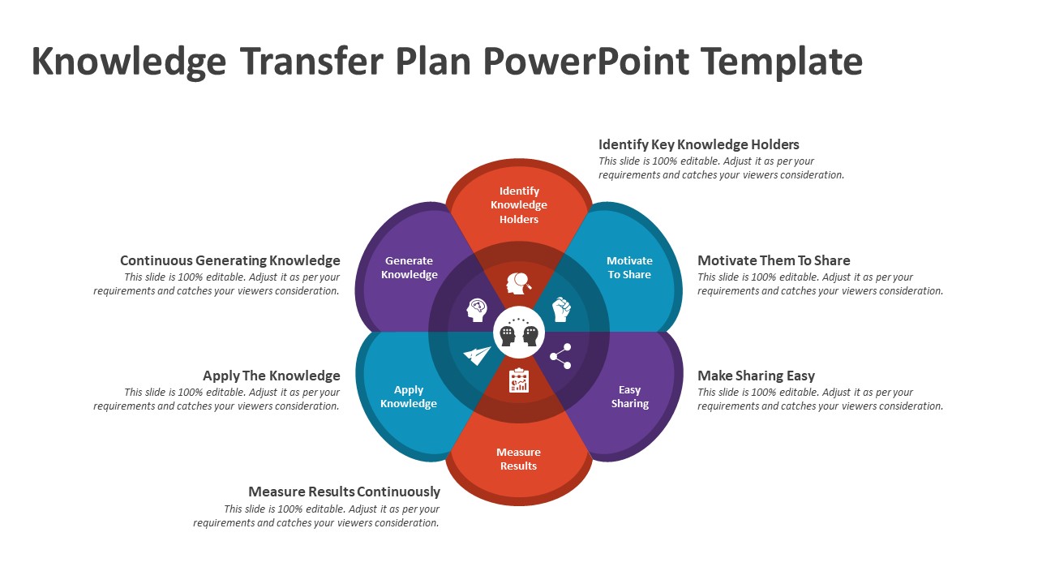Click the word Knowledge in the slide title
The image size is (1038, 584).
point(128,62)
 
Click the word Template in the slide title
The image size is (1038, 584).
point(781,62)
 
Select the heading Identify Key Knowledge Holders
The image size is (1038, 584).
point(698,144)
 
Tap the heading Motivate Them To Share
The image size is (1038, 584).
point(774,260)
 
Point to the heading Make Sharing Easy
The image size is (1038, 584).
point(756,376)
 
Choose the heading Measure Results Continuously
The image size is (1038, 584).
point(344,492)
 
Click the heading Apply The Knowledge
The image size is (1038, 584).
point(271,376)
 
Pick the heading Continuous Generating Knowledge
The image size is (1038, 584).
point(229,260)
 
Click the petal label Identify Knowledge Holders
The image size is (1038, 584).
point(519,205)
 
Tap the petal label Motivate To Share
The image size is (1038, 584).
point(629,268)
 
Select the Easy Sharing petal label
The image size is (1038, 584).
point(629,397)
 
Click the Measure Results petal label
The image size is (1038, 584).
point(518,459)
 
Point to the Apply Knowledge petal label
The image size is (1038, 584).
point(409,397)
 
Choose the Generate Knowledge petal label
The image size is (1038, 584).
point(409,268)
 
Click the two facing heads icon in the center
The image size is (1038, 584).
point(519,333)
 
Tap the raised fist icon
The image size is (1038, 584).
point(561,309)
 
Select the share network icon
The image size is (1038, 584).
point(560,356)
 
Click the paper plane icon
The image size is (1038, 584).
point(477,355)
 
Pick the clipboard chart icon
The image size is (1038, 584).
point(519,380)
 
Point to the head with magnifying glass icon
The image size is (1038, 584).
point(519,283)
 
